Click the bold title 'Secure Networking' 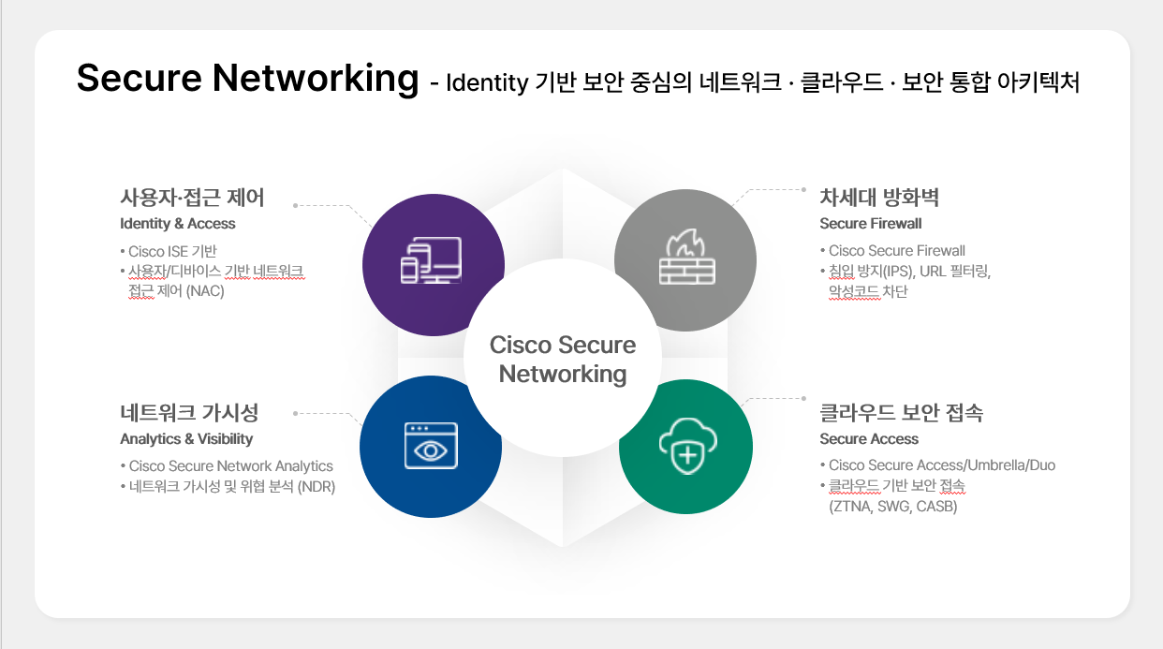(247, 79)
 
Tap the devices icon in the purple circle (431, 260)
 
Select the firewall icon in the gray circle (687, 257)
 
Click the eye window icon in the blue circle (431, 446)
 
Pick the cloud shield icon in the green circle (688, 446)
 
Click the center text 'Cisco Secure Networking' (562, 360)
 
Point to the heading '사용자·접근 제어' (192, 198)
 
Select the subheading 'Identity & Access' (178, 223)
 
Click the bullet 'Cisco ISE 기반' (172, 251)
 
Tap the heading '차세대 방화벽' (879, 198)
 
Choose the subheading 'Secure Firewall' (871, 223)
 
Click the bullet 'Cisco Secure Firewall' (897, 251)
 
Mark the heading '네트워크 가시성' (189, 413)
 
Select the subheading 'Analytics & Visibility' (186, 438)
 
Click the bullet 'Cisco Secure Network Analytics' (231, 465)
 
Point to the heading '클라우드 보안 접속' (902, 413)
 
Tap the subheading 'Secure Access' (869, 438)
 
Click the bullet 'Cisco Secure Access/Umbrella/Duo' (942, 465)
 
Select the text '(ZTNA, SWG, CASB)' (893, 507)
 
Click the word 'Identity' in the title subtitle (487, 83)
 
